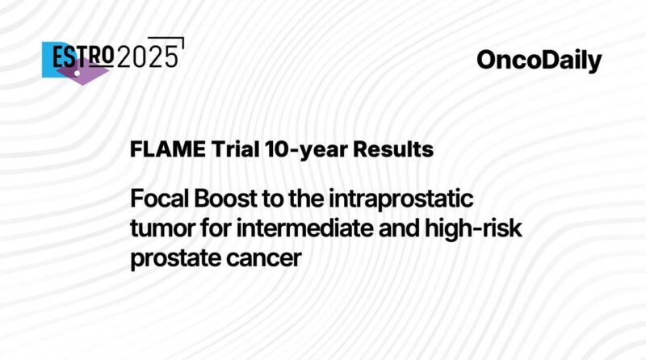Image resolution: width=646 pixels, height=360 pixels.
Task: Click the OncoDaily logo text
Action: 539,61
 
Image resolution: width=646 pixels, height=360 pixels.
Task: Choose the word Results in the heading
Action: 384,150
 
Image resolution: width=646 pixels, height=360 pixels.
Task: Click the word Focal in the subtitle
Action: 159,199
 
